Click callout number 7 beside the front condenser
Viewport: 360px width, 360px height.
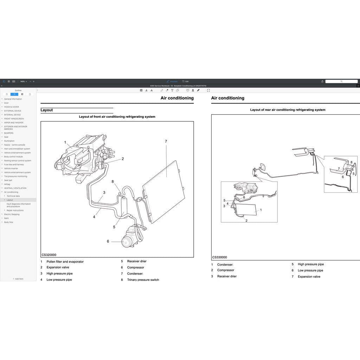(166, 141)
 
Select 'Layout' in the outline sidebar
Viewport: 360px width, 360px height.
(10, 200)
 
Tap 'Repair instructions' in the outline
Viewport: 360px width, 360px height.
(15, 210)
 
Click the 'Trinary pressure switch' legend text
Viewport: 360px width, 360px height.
(143, 280)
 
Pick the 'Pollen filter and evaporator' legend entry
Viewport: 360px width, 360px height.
(65, 262)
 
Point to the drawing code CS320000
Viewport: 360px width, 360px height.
(49, 255)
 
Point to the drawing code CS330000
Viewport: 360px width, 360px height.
(220, 257)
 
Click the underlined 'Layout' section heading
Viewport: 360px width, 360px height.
(47, 110)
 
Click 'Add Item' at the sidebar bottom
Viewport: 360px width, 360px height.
(18, 279)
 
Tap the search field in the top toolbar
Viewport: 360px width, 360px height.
(341, 81)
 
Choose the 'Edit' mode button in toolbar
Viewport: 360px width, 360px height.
(185, 81)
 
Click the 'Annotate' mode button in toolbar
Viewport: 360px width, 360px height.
(172, 81)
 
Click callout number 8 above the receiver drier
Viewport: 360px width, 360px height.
(112, 182)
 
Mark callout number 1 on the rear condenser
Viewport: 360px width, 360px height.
(261, 210)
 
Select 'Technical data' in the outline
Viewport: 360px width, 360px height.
(13, 196)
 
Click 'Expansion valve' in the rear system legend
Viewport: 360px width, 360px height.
(309, 277)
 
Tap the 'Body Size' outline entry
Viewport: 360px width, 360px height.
(9, 222)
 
